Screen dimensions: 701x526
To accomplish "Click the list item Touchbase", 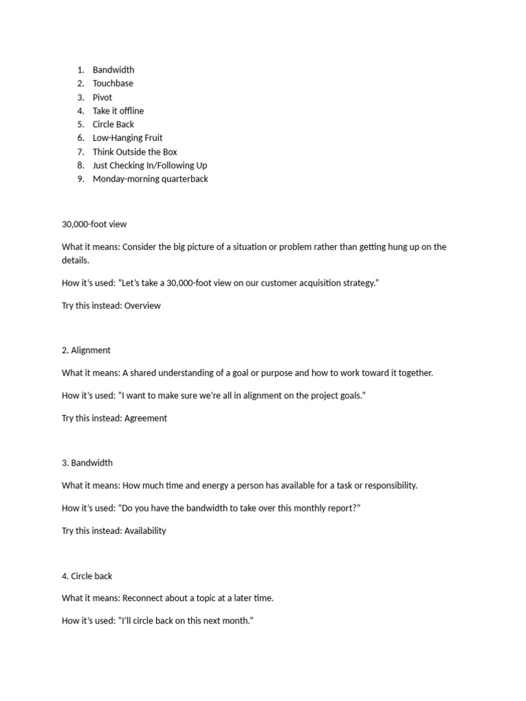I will pyautogui.click(x=113, y=84).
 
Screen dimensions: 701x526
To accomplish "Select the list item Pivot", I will pyautogui.click(x=102, y=97).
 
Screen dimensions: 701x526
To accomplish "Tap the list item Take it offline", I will pyautogui.click(x=118, y=111).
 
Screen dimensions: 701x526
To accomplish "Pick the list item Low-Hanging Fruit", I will pyautogui.click(x=127, y=138).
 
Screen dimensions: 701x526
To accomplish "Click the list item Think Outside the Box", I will pyautogui.click(x=135, y=152).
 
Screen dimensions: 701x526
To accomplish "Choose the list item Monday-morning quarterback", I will pyautogui.click(x=150, y=179).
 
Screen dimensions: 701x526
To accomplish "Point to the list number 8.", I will pyautogui.click(x=80, y=166).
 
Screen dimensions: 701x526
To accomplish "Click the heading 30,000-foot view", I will pyautogui.click(x=94, y=225).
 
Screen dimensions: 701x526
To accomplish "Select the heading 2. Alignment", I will pyautogui.click(x=86, y=350).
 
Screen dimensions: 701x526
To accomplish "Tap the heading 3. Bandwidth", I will pyautogui.click(x=87, y=463).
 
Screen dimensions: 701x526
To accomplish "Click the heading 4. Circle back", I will pyautogui.click(x=87, y=576).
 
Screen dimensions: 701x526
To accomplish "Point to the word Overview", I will pyautogui.click(x=142, y=306).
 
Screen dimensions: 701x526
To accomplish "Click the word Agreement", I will pyautogui.click(x=145, y=418).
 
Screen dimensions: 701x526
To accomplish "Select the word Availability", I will pyautogui.click(x=145, y=531).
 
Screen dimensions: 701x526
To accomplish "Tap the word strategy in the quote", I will pyautogui.click(x=359, y=283).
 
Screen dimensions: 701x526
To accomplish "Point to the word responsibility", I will pyautogui.click(x=387, y=485).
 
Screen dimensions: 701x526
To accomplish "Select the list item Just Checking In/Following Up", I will pyautogui.click(x=149, y=166).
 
